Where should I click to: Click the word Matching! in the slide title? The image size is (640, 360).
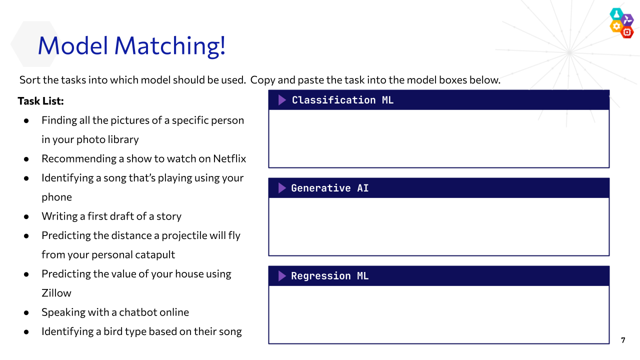point(170,45)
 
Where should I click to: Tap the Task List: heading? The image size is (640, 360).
point(40,101)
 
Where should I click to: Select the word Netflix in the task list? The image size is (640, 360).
point(229,158)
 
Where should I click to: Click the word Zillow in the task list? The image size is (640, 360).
point(56,293)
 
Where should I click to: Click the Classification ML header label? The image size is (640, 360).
point(342,100)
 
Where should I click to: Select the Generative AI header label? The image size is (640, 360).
point(329,188)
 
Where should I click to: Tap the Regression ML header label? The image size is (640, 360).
point(329,276)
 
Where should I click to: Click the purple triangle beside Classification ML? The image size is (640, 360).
point(281,100)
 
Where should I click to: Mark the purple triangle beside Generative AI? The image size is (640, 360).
point(281,188)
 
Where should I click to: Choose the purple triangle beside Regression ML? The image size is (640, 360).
point(281,276)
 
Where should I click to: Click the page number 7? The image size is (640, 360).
point(623,340)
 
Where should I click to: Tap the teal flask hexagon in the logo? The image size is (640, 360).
point(616,14)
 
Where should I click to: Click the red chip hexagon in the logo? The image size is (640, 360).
point(627,32)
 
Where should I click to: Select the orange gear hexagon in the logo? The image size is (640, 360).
point(616,26)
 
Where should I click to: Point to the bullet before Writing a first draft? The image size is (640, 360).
point(26,217)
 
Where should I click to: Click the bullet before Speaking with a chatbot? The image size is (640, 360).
point(26,313)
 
